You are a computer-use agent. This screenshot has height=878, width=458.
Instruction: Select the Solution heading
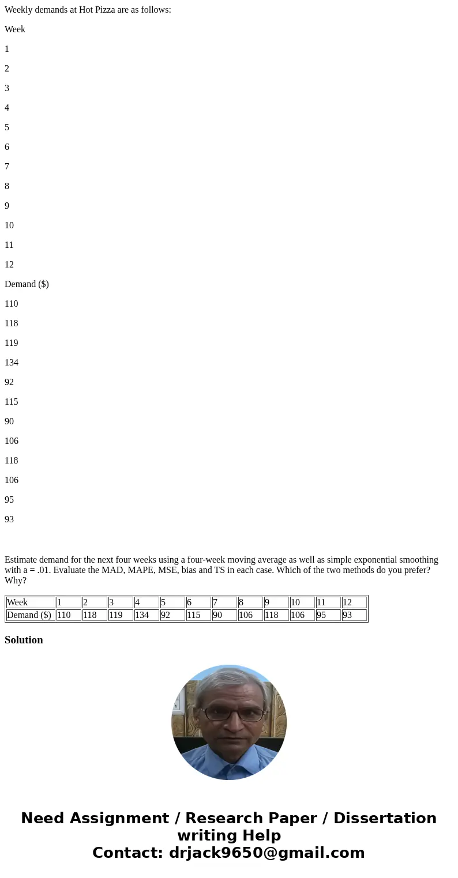coord(24,640)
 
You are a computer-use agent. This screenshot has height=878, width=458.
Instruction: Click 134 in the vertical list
coord(12,363)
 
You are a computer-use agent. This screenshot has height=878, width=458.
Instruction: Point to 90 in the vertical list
coord(9,421)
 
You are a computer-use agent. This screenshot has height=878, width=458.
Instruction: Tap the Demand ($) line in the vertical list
coord(27,284)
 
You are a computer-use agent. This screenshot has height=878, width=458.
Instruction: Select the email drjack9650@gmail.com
coord(266,853)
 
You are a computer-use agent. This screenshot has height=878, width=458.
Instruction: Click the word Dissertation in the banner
coord(385,819)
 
